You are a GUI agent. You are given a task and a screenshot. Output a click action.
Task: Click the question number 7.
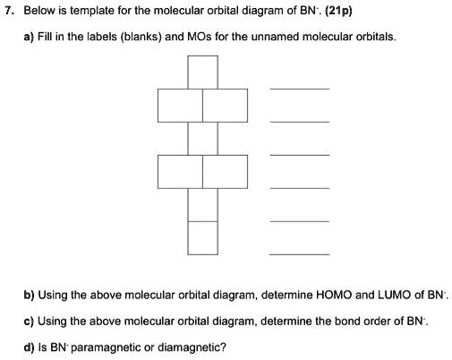point(9,11)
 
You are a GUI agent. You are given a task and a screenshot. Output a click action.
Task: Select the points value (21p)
point(338,11)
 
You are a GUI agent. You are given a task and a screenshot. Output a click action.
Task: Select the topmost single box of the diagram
point(203,73)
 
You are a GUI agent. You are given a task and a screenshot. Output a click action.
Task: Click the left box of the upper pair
point(180,106)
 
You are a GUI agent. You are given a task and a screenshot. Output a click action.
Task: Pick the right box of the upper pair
point(225,106)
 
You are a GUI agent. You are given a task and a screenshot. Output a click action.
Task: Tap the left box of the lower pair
point(180,172)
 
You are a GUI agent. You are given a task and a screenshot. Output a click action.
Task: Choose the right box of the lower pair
point(225,172)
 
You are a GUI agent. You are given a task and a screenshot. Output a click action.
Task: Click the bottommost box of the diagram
point(203,238)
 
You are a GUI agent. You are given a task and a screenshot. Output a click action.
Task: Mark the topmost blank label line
point(300,89)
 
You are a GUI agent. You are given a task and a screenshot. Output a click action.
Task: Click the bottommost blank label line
point(300,254)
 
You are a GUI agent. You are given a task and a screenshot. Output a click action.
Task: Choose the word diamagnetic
point(192,347)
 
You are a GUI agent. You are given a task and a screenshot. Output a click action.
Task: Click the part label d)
point(30,347)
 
